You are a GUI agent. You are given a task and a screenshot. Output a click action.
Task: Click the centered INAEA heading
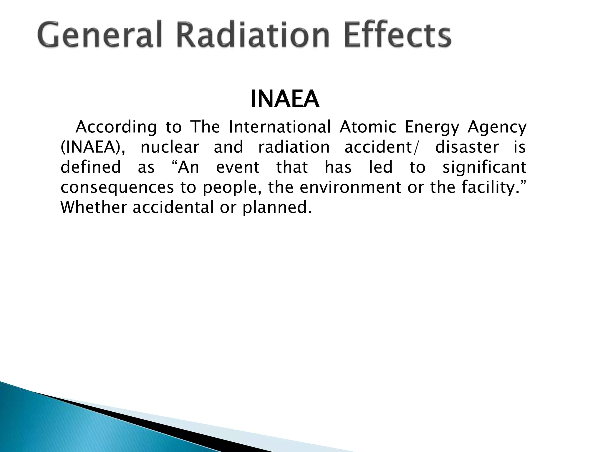(285, 99)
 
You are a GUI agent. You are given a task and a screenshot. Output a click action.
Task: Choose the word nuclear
(170, 147)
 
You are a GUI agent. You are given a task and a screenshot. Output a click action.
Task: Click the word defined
(91, 167)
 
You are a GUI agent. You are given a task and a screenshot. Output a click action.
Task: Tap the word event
(238, 167)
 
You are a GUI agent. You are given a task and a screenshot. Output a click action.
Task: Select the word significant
(484, 167)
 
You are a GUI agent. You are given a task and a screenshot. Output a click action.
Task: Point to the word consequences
(117, 187)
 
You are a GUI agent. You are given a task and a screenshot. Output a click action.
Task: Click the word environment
(350, 187)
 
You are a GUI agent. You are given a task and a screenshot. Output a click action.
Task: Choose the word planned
(276, 207)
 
